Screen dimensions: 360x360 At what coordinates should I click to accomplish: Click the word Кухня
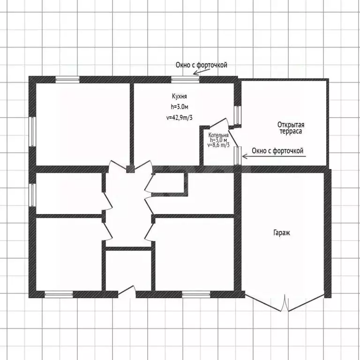(x=180, y=97)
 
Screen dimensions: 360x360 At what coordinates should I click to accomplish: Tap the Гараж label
(x=282, y=233)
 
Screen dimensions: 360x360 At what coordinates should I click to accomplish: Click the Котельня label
(x=218, y=135)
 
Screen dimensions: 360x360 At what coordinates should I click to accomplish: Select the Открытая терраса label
(x=291, y=128)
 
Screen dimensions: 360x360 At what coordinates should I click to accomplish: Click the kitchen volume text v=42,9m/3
(x=180, y=118)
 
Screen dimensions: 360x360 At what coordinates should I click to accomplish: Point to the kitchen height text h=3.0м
(x=180, y=107)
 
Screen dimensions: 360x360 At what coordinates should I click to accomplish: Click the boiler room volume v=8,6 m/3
(x=218, y=145)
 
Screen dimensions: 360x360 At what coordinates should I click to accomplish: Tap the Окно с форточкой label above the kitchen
(x=202, y=65)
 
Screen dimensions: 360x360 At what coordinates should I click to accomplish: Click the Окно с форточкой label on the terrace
(x=277, y=151)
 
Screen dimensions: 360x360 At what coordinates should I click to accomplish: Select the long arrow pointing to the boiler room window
(x=274, y=157)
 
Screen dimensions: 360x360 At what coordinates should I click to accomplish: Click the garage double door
(x=285, y=303)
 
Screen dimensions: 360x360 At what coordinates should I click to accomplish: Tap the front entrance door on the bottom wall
(x=127, y=292)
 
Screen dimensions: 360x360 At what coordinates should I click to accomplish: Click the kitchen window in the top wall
(x=185, y=79)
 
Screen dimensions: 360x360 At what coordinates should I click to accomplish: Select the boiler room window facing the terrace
(x=238, y=156)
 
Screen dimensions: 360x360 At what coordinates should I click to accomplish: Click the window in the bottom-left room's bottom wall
(x=59, y=294)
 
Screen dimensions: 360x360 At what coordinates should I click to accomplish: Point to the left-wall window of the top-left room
(x=33, y=132)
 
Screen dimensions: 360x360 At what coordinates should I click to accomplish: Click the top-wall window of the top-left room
(x=67, y=79)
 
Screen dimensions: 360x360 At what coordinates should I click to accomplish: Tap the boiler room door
(x=218, y=122)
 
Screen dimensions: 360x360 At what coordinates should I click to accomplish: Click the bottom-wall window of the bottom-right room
(x=196, y=294)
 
